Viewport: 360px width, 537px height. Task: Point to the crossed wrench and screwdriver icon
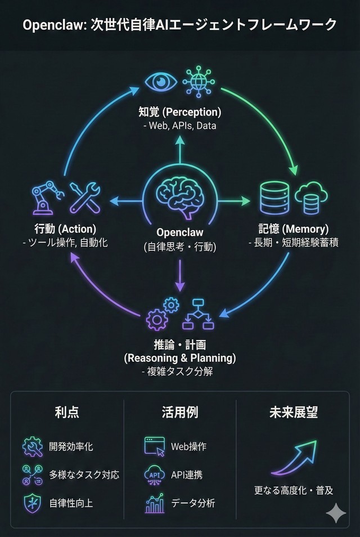click(84, 198)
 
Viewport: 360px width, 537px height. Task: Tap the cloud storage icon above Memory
click(310, 198)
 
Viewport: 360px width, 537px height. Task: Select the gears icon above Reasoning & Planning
click(161, 314)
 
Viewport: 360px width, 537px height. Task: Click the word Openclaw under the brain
click(180, 232)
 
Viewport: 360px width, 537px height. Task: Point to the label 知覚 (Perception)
click(180, 111)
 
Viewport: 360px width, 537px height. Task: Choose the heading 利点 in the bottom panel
click(67, 412)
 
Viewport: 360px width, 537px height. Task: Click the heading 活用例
click(180, 412)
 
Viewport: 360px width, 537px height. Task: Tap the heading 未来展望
click(293, 412)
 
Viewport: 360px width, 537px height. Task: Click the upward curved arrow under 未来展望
click(294, 458)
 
